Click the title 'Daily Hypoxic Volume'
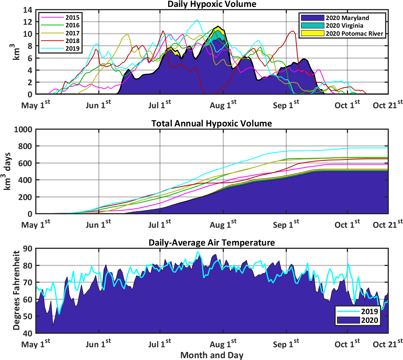point(212,4)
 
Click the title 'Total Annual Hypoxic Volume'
point(212,124)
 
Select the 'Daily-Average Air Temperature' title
point(212,243)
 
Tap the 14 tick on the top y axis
point(28,10)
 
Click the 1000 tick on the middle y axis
point(23,129)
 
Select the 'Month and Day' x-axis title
point(212,355)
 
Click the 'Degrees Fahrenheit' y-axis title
point(17,291)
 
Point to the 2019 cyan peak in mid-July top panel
point(197,20)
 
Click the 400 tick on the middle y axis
point(25,180)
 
